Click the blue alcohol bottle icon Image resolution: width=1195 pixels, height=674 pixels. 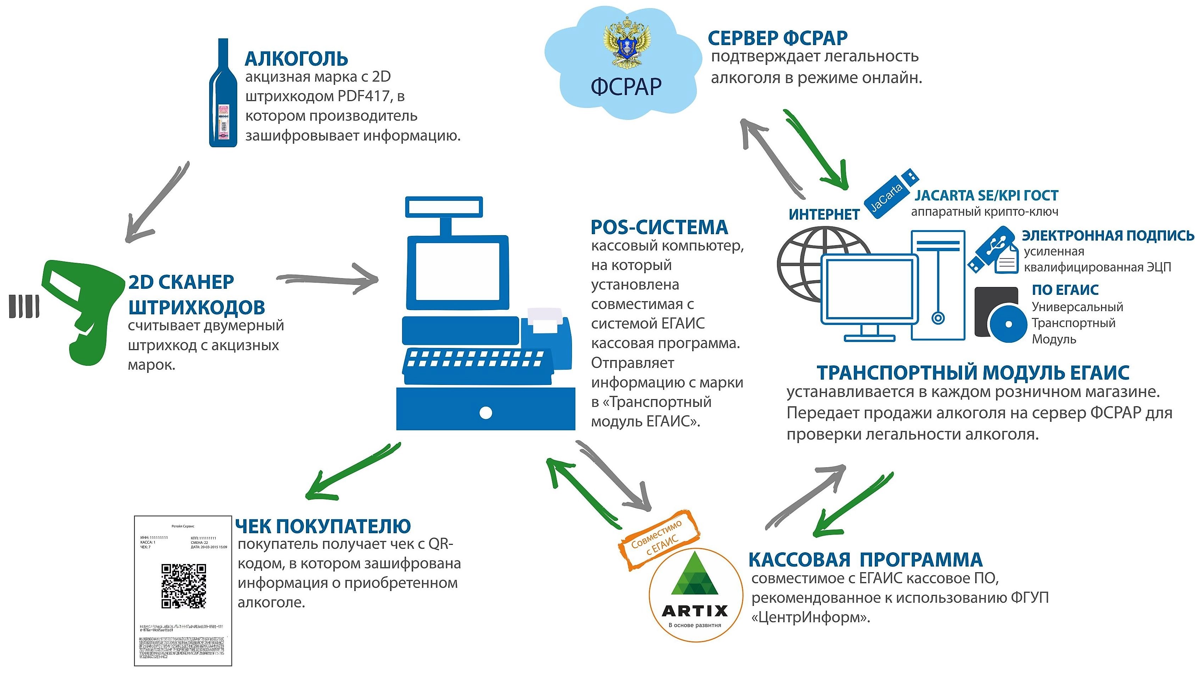pyautogui.click(x=223, y=95)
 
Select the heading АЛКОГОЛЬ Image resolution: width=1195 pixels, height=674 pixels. pyautogui.click(x=296, y=59)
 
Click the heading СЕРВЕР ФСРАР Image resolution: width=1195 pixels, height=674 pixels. pyautogui.click(x=778, y=38)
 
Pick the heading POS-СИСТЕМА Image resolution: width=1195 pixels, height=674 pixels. pyautogui.click(x=659, y=227)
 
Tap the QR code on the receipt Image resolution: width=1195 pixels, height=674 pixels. pyautogui.click(x=184, y=586)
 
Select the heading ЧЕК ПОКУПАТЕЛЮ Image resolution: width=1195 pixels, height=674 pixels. pyautogui.click(x=323, y=526)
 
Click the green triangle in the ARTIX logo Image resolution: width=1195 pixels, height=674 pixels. pyautogui.click(x=694, y=576)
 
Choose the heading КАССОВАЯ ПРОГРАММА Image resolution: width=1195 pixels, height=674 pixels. pyautogui.click(x=865, y=560)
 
